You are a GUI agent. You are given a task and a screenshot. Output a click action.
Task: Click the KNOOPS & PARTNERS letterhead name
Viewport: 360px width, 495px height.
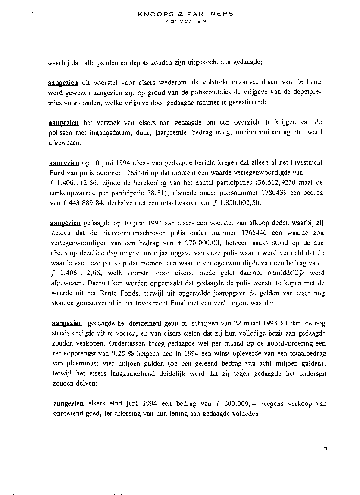click(186, 13)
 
